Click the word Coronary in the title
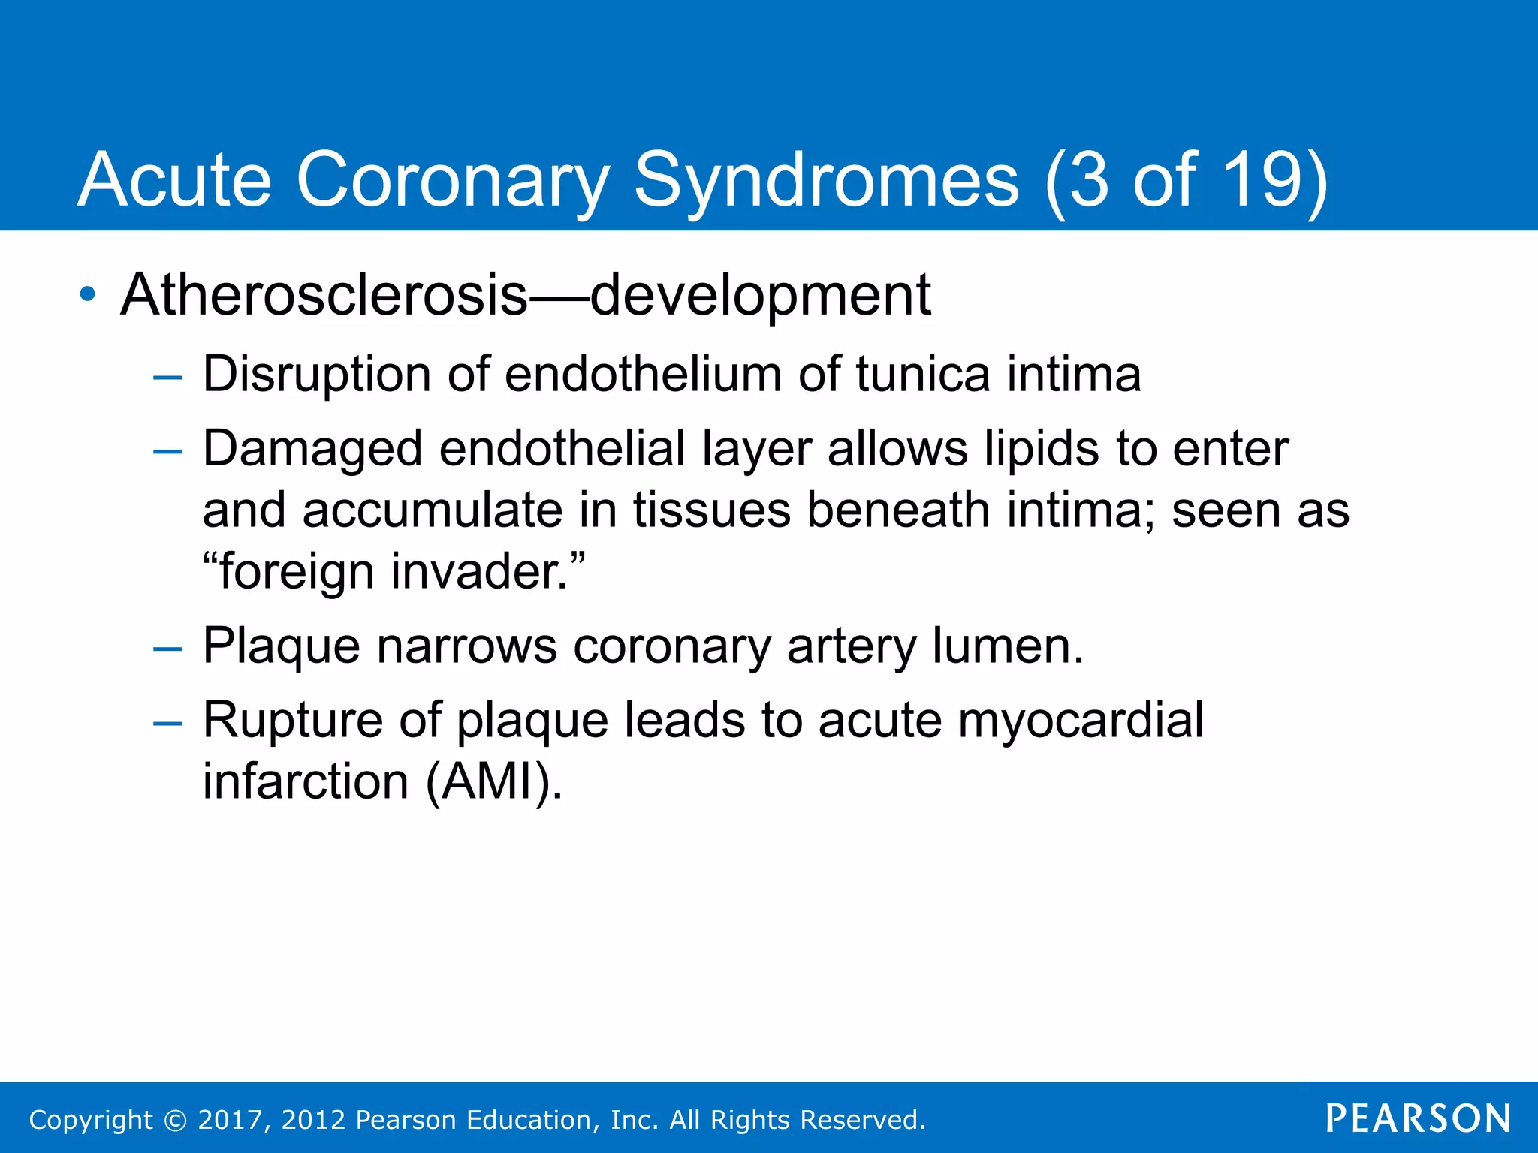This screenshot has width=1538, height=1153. [452, 180]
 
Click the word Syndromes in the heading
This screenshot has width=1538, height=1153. [826, 180]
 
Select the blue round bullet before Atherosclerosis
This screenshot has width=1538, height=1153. [88, 294]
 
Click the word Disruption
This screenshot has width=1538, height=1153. [316, 375]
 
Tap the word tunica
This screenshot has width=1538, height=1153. [922, 375]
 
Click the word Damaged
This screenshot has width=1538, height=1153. [312, 449]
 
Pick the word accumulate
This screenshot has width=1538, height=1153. [433, 510]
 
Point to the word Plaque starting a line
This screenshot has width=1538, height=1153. [282, 646]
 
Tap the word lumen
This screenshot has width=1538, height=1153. [1006, 646]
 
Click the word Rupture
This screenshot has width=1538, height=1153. [293, 721]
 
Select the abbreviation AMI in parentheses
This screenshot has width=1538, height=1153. [493, 782]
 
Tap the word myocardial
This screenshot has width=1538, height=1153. [1081, 721]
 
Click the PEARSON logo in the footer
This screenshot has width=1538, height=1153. [1418, 1118]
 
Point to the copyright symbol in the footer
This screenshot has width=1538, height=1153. [175, 1120]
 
